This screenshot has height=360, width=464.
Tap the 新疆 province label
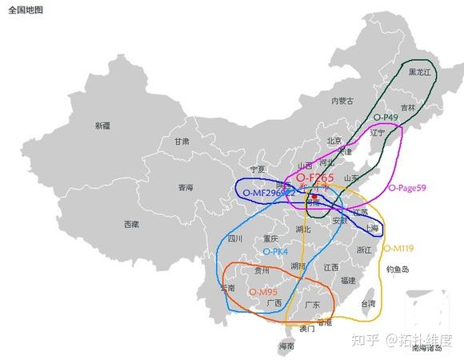[x=102, y=126]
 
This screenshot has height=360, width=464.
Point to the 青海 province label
[x=186, y=188]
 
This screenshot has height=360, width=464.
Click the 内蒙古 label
[x=342, y=101]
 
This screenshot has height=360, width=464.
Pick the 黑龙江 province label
[x=419, y=72]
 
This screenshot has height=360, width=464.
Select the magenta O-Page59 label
[x=407, y=188]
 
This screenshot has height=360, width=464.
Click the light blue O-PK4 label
[x=275, y=251]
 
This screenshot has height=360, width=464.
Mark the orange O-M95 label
[x=263, y=293]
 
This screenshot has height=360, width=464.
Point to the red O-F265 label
[x=314, y=177]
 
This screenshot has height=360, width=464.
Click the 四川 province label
[x=234, y=238]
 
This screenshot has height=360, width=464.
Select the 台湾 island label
[x=368, y=304]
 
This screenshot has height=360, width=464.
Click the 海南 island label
[x=286, y=346]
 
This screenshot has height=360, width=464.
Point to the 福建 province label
[x=347, y=280]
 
